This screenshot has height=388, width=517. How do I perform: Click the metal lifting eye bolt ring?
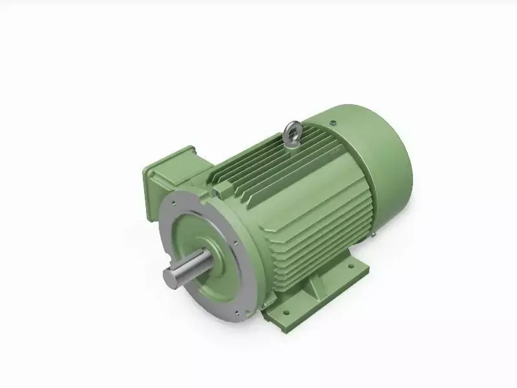coord(291,133)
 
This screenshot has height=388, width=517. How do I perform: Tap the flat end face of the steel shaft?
coord(172,279)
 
